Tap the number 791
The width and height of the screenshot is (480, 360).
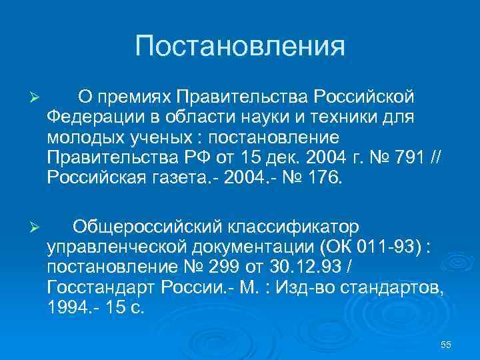tap(402, 158)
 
